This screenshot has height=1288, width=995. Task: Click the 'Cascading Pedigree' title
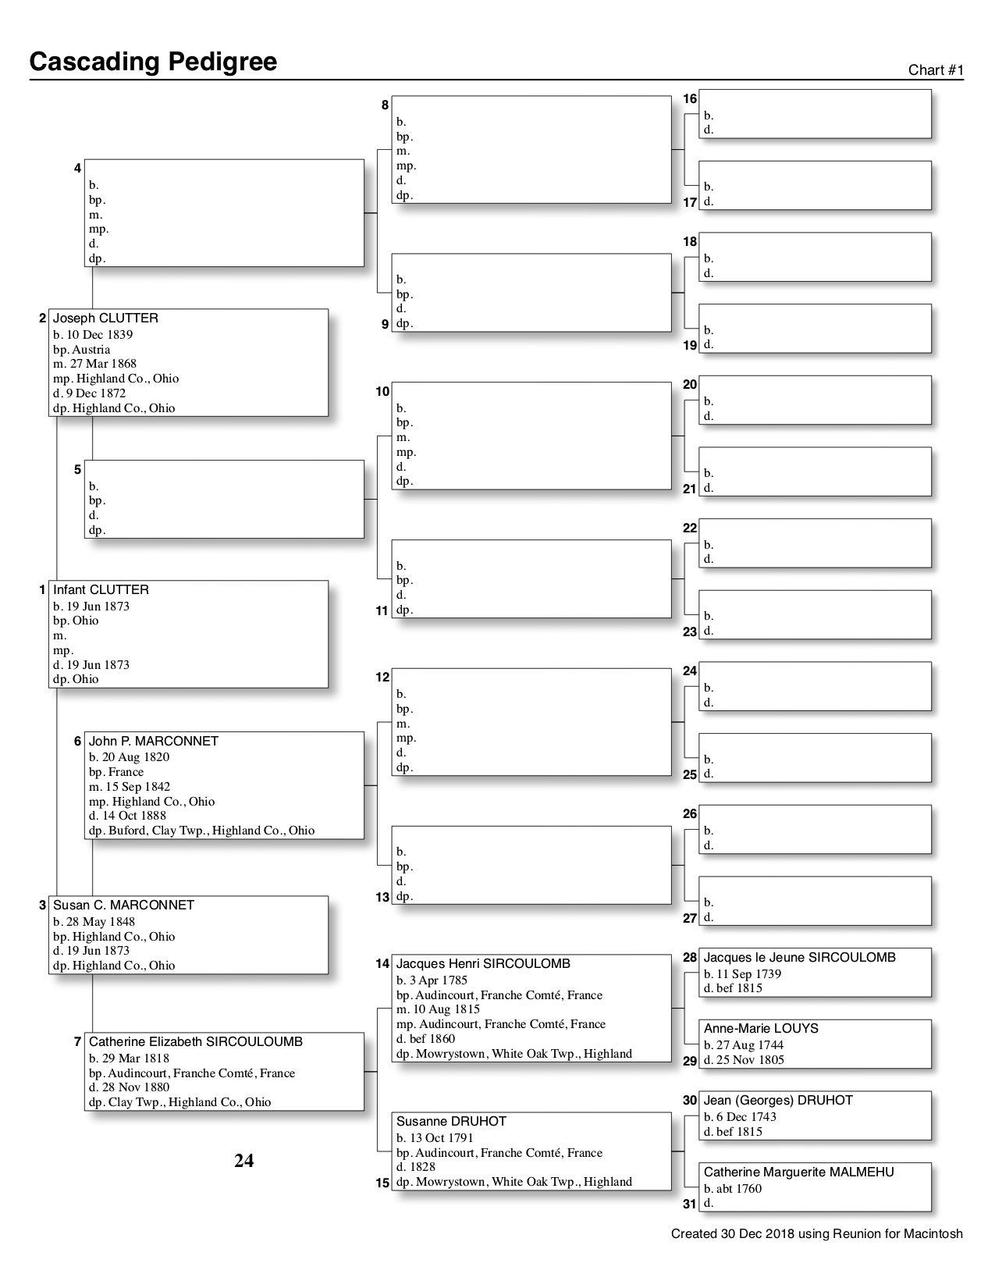pos(153,62)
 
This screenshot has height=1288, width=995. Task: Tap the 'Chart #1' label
pos(936,70)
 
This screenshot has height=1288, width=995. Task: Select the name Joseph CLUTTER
pos(105,318)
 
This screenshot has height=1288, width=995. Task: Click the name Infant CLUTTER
pos(101,590)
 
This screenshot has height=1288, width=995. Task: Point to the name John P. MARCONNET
pos(154,742)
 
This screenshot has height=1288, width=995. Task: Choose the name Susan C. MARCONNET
pos(123,906)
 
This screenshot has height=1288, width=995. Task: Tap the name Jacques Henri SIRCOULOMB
pos(483,964)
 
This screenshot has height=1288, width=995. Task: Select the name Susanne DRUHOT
pos(451,1122)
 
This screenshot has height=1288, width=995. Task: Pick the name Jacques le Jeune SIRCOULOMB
pos(799,958)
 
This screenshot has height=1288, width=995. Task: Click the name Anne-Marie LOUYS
pos(761,1029)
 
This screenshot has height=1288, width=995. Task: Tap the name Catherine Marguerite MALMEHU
pos(798,1172)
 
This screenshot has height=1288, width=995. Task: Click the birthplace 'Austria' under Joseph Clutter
pos(91,350)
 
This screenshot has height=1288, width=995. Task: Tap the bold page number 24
pos(243,1162)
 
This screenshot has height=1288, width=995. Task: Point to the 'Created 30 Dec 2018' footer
pos(816,1234)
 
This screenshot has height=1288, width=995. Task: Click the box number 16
pos(690,99)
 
